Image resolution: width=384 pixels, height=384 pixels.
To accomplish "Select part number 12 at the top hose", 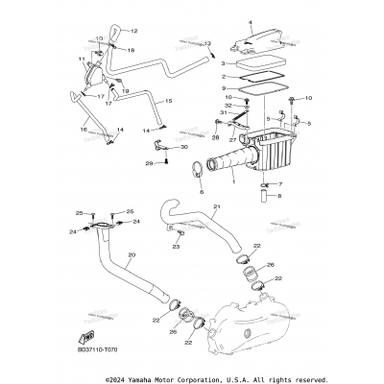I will [133, 31].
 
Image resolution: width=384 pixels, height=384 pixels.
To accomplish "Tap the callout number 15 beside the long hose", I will [169, 100].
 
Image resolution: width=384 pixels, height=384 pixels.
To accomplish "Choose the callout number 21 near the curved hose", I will [217, 207].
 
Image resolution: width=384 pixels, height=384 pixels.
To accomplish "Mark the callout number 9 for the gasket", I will [223, 87].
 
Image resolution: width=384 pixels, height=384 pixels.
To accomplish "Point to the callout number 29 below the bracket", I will [149, 164].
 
